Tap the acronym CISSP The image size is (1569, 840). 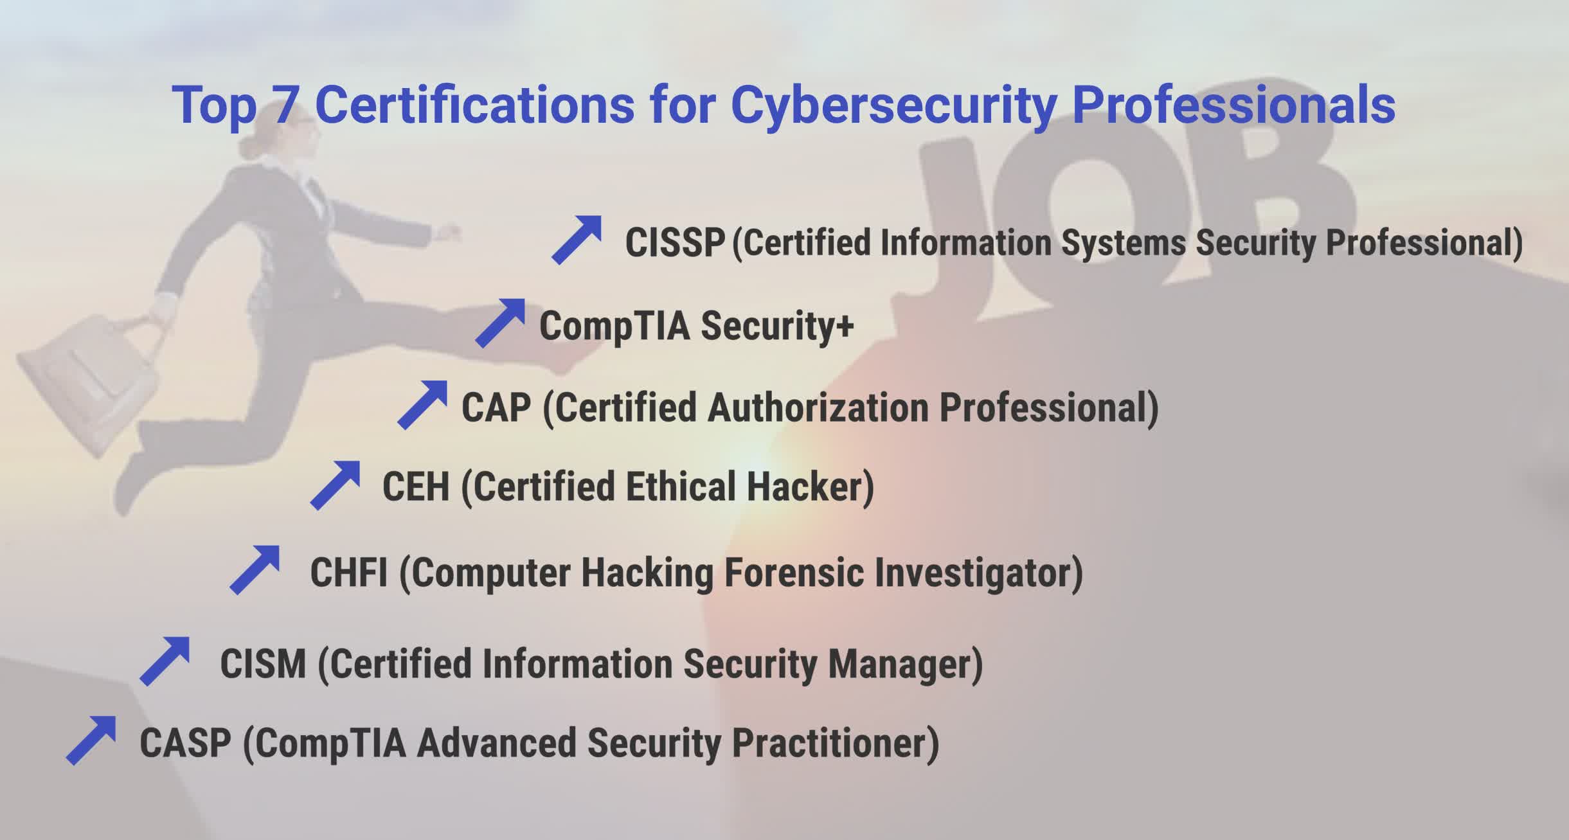pyautogui.click(x=675, y=243)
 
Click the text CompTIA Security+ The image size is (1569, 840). pyautogui.click(x=696, y=326)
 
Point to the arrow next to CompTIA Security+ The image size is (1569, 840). pyautogui.click(x=501, y=323)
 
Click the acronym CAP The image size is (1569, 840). pyautogui.click(x=496, y=407)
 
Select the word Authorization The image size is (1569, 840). pyautogui.click(x=817, y=407)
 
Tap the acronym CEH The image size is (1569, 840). pyautogui.click(x=416, y=487)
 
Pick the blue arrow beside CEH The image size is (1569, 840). pyautogui.click(x=336, y=485)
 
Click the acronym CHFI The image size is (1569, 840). pyautogui.click(x=349, y=572)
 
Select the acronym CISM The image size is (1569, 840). pyautogui.click(x=263, y=664)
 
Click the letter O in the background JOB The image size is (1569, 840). pyautogui.click(x=1093, y=212)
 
